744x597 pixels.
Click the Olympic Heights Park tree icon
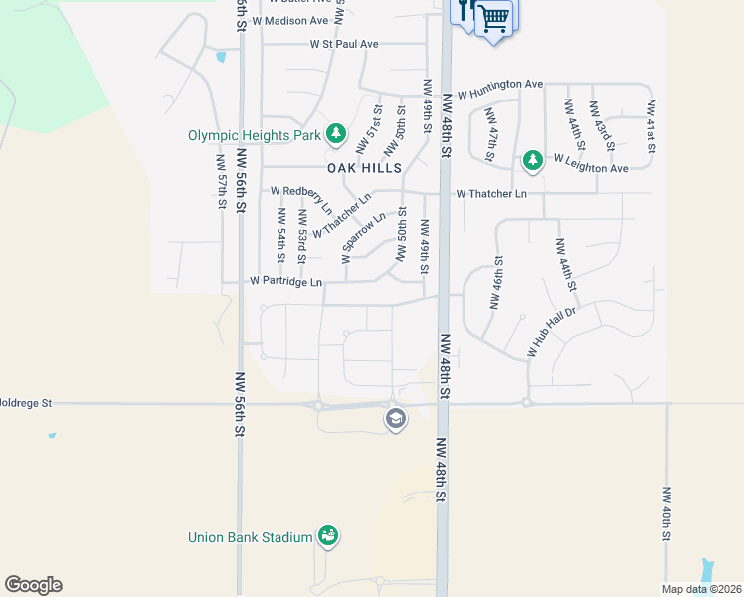point(336,133)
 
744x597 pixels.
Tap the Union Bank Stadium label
point(251,538)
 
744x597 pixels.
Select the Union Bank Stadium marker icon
point(328,536)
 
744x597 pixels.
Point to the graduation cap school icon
point(395,418)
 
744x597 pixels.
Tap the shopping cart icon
point(493,17)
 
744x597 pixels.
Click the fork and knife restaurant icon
point(465,12)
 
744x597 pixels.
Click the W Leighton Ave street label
point(591,164)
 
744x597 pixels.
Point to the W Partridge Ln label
point(285,282)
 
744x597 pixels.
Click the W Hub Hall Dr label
point(552,332)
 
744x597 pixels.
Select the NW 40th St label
point(666,513)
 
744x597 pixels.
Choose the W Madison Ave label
point(289,20)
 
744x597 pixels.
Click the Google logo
point(33,585)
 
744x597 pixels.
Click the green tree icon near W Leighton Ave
point(533,159)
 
